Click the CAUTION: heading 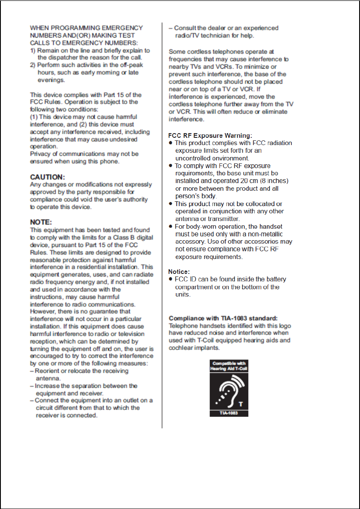click(x=47, y=177)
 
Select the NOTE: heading click(x=41, y=222)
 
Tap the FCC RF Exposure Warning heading click(x=210, y=136)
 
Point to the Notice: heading click(x=179, y=271)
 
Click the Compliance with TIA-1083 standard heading click(x=223, y=318)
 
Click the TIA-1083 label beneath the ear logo click(x=229, y=413)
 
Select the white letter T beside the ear click(x=241, y=404)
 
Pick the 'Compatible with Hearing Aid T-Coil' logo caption click(x=229, y=366)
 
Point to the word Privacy click(x=40, y=154)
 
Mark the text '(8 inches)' click(x=274, y=181)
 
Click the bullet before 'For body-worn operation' click(x=171, y=227)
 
